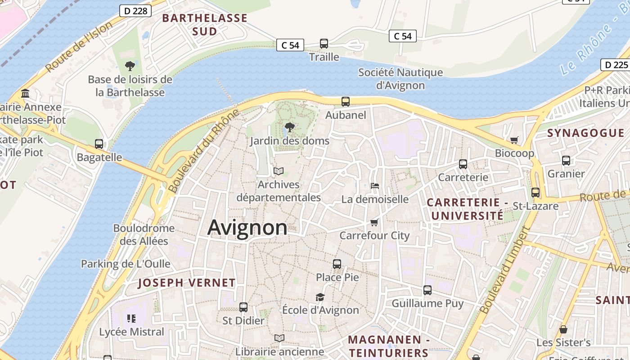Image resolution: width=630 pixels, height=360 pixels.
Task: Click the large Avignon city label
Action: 247,228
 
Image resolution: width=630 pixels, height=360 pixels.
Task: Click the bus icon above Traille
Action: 324,44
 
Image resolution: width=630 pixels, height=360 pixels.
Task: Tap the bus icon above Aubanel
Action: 346,102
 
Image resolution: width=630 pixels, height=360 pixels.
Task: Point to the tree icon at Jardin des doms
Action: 290,127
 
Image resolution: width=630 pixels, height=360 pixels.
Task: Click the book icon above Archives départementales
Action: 279,171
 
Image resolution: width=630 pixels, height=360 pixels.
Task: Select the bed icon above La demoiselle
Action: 374,185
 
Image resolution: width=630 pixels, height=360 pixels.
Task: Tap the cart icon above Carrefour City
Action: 374,222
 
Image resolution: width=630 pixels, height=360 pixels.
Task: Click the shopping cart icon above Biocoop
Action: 514,140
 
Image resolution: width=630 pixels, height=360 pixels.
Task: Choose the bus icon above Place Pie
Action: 337,264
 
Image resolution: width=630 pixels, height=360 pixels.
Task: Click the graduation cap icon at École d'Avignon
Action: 320,297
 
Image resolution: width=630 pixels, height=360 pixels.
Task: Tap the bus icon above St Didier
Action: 243,307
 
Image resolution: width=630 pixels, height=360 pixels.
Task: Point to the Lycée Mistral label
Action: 131,332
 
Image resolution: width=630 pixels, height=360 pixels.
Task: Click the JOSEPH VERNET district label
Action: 186,283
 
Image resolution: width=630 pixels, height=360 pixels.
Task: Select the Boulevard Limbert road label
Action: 505,270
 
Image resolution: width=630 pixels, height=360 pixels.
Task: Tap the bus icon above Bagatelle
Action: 99,144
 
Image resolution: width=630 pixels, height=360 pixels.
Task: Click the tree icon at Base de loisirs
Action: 130,67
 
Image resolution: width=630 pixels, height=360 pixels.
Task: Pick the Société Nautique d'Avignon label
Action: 400,79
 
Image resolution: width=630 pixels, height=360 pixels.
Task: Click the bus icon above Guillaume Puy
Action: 427,290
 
